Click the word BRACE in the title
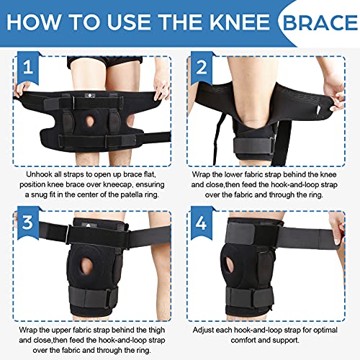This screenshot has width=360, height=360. (x=316, y=22)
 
